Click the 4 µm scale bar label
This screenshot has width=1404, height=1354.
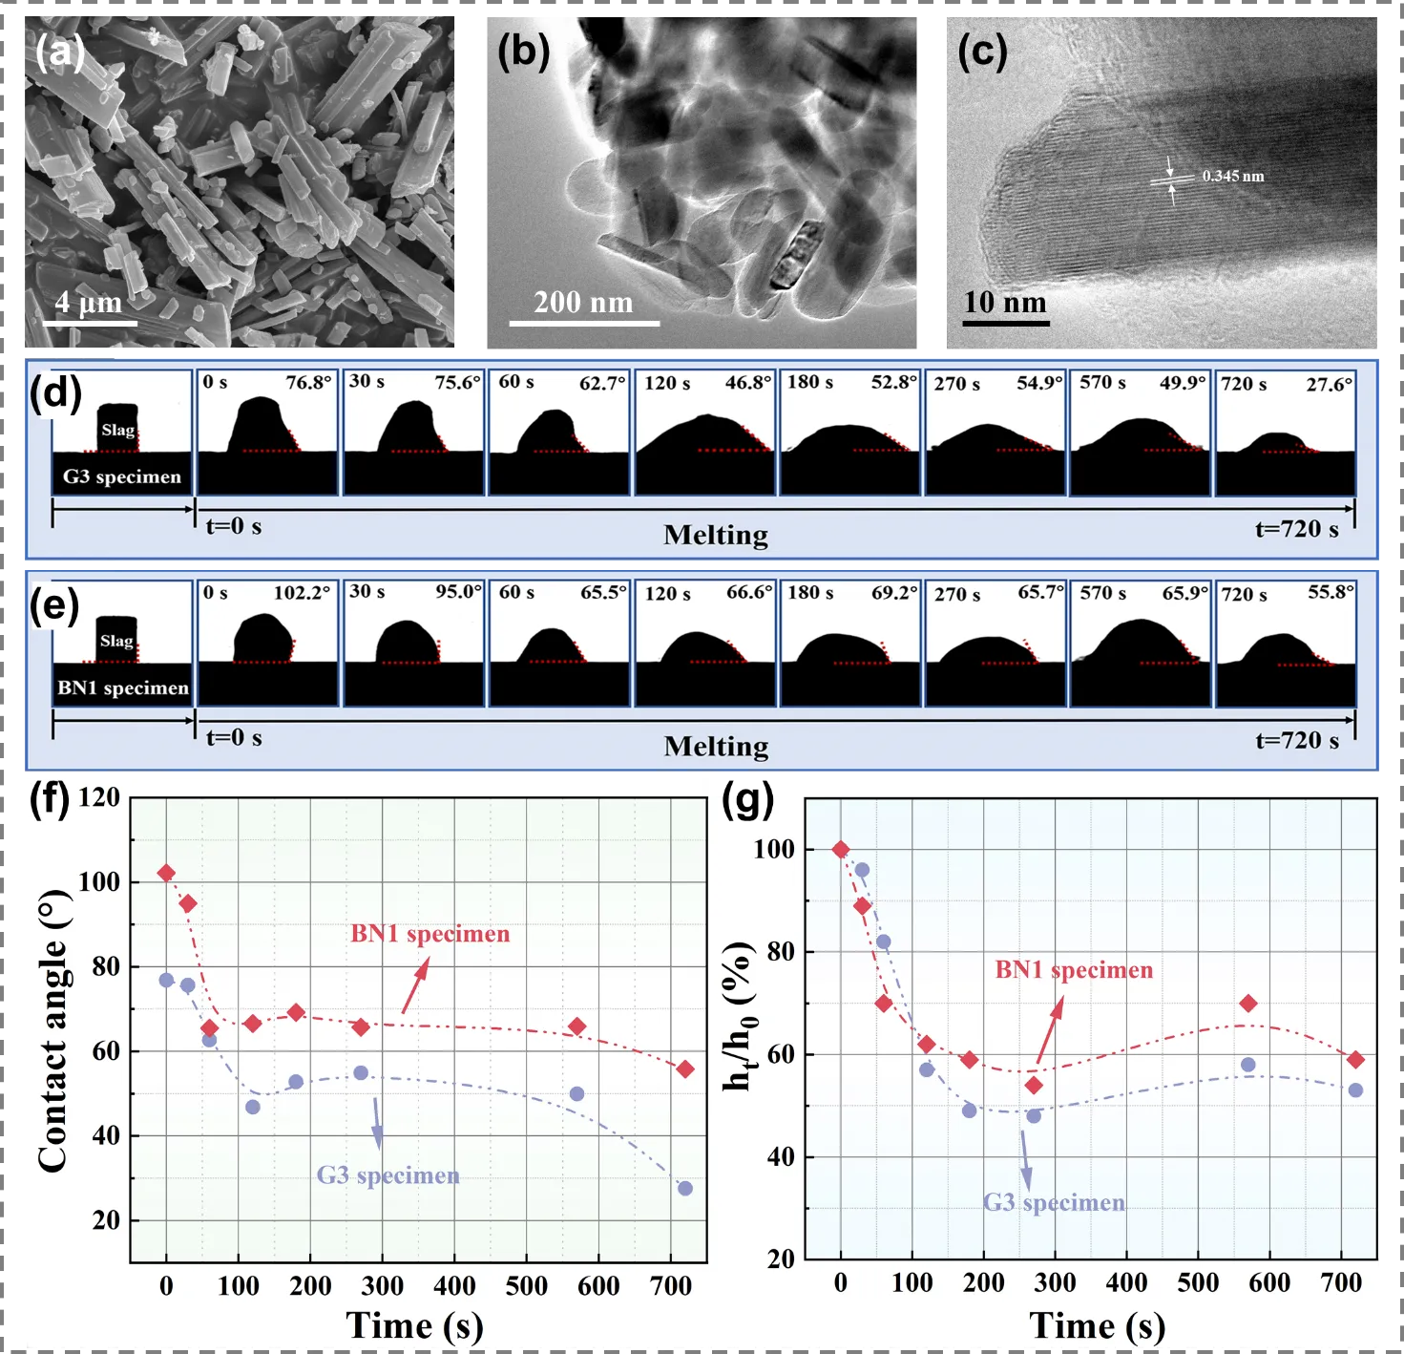89,302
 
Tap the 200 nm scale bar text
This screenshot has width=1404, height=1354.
583,302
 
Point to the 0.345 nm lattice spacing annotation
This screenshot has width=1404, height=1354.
1232,176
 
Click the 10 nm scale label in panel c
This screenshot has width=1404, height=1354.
1004,302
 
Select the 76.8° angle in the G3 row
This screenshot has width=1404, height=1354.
308,383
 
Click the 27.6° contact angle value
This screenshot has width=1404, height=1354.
1329,385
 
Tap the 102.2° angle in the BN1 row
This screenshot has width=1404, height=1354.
302,593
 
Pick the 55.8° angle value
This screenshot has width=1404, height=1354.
1331,592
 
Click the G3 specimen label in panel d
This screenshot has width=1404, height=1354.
122,476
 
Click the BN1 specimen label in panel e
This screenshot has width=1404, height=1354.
123,688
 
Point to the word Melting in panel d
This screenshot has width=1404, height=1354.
716,535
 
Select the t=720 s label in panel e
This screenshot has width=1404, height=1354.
1296,740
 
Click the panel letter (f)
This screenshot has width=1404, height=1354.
50,798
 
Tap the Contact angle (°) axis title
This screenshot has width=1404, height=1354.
53,1031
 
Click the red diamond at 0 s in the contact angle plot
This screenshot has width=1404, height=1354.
166,873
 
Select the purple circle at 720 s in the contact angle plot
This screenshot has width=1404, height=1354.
684,1188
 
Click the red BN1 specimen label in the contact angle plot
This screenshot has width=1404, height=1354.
430,934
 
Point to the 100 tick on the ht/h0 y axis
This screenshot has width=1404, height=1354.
774,849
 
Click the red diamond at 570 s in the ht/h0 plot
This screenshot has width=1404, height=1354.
1247,1004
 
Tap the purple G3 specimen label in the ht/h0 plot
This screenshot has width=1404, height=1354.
1054,1202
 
